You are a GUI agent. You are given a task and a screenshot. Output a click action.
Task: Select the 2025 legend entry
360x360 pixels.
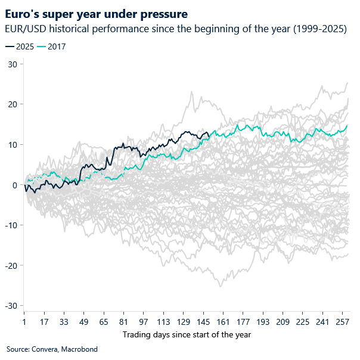click(20, 46)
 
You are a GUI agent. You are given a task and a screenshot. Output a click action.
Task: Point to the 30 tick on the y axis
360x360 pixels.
click(11, 64)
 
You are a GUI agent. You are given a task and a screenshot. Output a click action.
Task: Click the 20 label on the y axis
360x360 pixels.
click(11, 104)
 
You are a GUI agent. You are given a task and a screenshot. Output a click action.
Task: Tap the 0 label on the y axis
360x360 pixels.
click(14, 185)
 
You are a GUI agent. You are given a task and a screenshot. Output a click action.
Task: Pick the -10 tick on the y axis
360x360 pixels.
click(10, 225)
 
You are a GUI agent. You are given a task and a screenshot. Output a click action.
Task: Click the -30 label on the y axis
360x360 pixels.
click(10, 306)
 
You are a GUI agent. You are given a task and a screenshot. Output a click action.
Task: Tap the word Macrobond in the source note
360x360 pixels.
click(79, 349)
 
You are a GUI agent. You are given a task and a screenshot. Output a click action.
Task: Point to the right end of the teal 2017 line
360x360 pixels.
click(347, 125)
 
